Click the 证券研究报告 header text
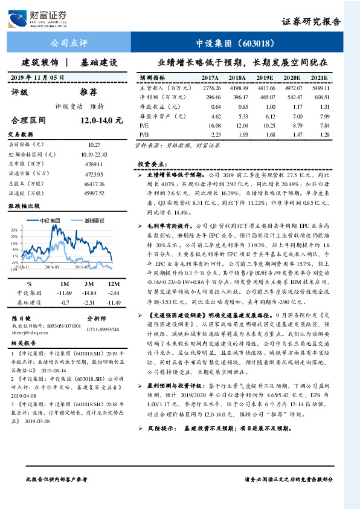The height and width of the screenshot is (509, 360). click(310, 22)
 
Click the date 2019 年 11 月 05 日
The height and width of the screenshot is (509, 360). click(37, 78)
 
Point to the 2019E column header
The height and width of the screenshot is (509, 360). click(265, 78)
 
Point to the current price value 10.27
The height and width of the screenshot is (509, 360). click(94, 146)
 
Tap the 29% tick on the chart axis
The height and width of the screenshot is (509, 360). click(13, 230)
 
